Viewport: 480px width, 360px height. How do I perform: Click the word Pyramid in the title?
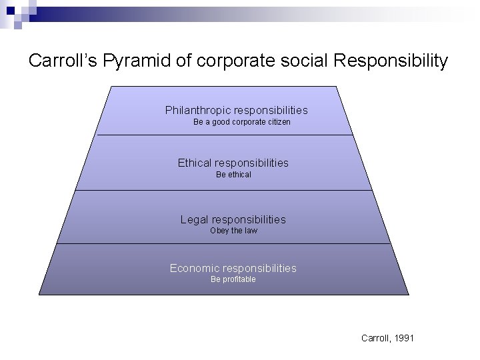click(143, 61)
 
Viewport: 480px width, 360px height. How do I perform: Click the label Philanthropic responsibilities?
click(236, 110)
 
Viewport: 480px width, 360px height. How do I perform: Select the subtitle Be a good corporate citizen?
click(241, 123)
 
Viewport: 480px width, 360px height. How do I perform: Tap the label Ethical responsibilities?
click(233, 163)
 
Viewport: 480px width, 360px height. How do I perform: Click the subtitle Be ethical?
click(233, 175)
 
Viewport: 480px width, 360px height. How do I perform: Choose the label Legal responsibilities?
click(233, 219)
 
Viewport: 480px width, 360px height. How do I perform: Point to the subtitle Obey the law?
click(233, 231)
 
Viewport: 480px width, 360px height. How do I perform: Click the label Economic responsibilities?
click(233, 268)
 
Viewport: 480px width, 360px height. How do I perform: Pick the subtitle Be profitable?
click(233, 279)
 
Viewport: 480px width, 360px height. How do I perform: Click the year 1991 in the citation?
click(403, 339)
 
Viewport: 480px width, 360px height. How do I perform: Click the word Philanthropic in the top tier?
click(196, 110)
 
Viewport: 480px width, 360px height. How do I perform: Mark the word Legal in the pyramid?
click(195, 219)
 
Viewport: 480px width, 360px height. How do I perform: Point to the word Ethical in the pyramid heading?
click(194, 163)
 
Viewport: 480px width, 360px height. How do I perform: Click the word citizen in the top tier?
click(277, 123)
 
